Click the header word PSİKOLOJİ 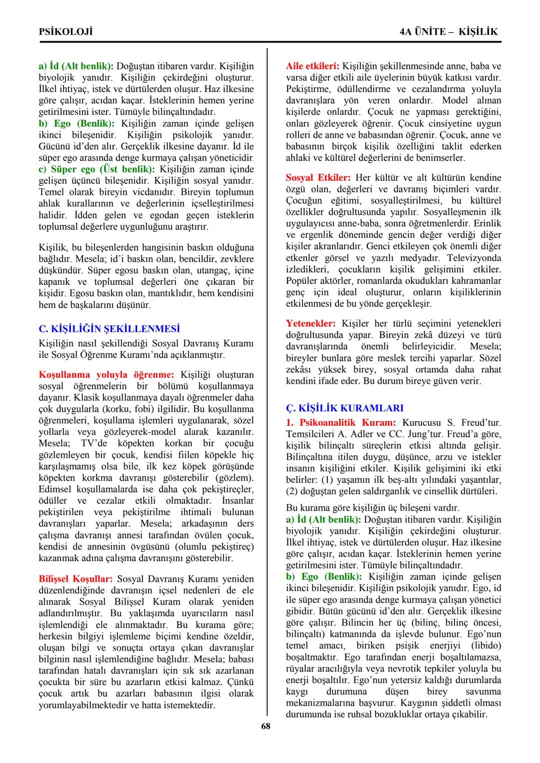(65, 31)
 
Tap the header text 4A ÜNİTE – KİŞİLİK (448, 31)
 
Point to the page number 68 (265, 726)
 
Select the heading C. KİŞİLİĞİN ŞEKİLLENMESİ (109, 329)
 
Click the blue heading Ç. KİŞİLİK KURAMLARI (344, 408)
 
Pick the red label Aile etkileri (312, 66)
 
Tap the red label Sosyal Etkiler (318, 178)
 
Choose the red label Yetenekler (310, 324)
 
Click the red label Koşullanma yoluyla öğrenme (106, 375)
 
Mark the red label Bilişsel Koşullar (75, 579)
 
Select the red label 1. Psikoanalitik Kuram (341, 423)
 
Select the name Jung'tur (424, 434)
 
